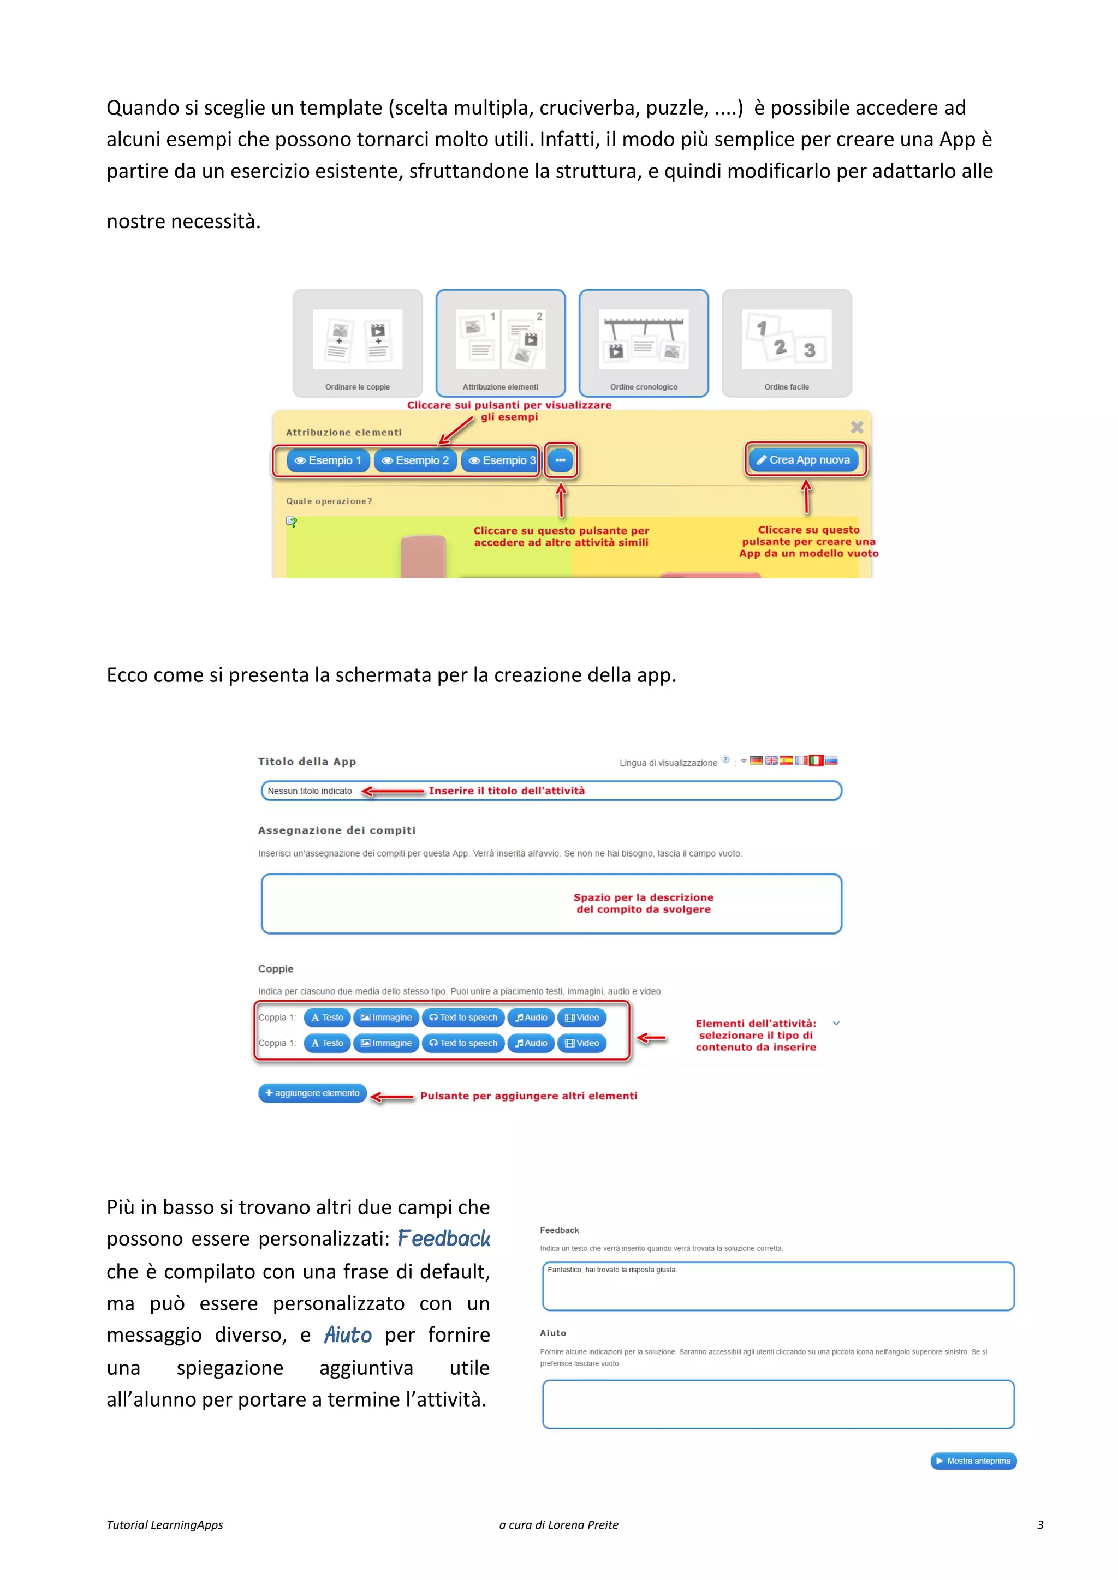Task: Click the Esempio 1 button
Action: [x=328, y=460]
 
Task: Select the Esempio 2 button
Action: [x=415, y=460]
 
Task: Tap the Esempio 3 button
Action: [x=501, y=460]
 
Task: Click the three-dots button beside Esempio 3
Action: [x=561, y=460]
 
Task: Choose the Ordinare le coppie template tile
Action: [x=358, y=343]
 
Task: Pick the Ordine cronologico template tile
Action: [x=644, y=343]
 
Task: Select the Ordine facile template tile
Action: [x=786, y=343]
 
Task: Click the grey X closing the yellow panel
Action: [x=857, y=427]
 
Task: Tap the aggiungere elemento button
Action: [x=313, y=1093]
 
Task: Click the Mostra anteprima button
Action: [x=973, y=1461]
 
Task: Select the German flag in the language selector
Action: [x=757, y=761]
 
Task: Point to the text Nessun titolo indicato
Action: [x=310, y=792]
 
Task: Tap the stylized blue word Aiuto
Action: [x=348, y=1335]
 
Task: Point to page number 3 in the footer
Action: [x=1040, y=1525]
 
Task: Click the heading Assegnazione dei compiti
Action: [x=337, y=830]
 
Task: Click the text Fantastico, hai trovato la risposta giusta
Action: [x=612, y=1270]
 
